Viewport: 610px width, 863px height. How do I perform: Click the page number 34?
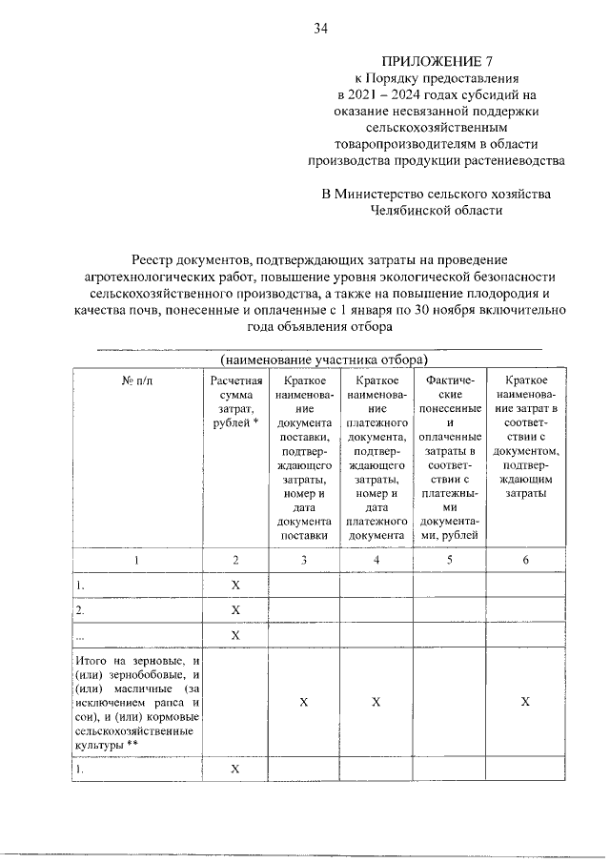pos(321,29)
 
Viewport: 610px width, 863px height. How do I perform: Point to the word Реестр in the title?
pos(157,258)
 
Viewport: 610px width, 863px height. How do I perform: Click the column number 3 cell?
pos(303,560)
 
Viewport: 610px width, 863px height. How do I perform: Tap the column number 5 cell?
pos(450,560)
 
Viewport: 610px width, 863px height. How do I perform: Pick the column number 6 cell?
pos(524,560)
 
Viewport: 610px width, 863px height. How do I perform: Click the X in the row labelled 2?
pos(235,609)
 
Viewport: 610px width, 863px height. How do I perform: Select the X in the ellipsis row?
pos(235,635)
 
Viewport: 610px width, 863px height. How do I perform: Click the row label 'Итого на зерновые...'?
pos(136,701)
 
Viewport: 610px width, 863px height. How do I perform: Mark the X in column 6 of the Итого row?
pos(524,702)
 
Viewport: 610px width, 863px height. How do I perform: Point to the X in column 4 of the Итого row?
pos(376,702)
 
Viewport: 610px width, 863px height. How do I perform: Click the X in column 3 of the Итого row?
pos(303,702)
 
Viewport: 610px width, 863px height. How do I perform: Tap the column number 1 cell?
pos(136,560)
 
